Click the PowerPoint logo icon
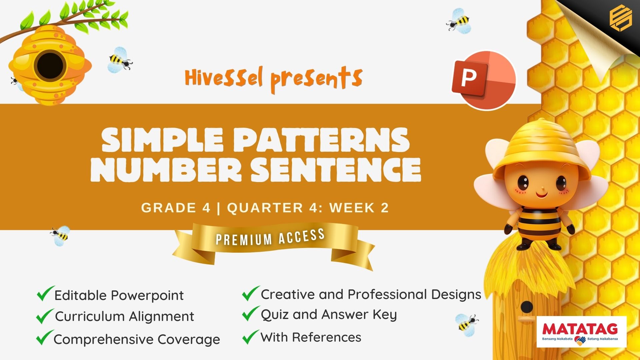tap(484, 80)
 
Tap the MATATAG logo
tap(581, 332)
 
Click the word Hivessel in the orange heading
tap(224, 77)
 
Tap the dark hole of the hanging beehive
tap(50, 65)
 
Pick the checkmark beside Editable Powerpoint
tap(45, 293)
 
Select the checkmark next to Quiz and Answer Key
tap(251, 313)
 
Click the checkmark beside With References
tap(251, 337)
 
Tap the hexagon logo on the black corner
tap(620, 19)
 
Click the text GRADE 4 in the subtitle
tap(176, 208)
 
